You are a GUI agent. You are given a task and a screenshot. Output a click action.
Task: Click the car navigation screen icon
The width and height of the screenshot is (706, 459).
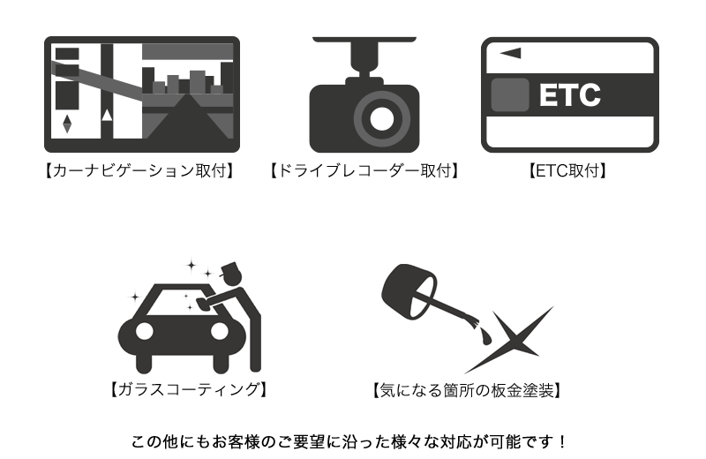[x=142, y=94]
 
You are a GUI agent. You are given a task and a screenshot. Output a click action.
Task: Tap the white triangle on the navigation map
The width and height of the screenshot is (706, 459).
[x=107, y=116]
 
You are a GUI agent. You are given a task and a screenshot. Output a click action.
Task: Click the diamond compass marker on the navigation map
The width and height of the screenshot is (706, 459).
[x=67, y=124]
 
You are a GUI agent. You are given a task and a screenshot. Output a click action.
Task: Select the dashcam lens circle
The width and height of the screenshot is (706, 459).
[x=382, y=119]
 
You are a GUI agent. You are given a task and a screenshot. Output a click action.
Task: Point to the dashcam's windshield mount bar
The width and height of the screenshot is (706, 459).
[x=364, y=40]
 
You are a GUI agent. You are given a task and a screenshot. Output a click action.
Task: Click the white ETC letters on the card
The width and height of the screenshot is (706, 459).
[x=569, y=94]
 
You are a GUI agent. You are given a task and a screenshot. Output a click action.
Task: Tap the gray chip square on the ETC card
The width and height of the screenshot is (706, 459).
[x=510, y=94]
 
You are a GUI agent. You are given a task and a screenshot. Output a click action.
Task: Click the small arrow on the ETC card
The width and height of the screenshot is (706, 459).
[x=511, y=53]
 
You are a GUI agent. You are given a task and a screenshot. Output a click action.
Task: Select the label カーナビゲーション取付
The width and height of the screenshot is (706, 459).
[x=139, y=170]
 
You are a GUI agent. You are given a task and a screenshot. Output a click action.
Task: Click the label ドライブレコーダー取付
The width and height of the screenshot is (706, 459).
[x=364, y=170]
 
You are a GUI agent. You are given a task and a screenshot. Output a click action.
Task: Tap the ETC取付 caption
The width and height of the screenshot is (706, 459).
[x=567, y=170]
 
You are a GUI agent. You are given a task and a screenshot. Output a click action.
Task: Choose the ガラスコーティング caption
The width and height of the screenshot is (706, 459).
[x=189, y=389]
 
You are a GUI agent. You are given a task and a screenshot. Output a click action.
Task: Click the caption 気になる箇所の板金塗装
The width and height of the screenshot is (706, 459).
[x=467, y=390]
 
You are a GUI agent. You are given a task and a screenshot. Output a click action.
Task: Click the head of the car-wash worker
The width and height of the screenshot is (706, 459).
[x=232, y=274]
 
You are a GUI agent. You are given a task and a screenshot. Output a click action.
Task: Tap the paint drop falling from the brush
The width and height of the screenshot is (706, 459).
[x=486, y=336]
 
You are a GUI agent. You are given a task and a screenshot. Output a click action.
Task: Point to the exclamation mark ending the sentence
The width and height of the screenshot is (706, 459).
[x=561, y=442]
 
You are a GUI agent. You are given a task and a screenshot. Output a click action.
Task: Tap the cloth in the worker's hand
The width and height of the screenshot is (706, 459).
[x=203, y=305]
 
